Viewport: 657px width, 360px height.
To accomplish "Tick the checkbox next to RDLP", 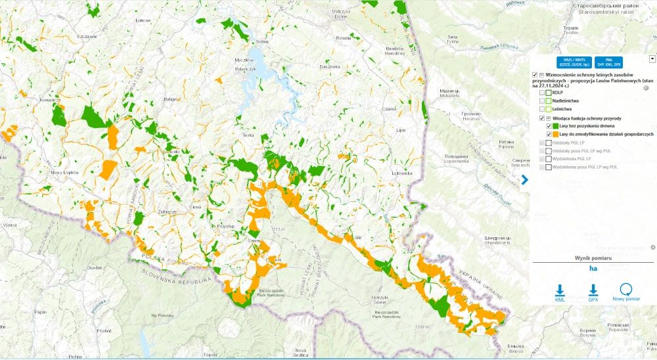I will pyautogui.click(x=542, y=93).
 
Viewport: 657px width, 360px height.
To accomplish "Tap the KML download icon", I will pyautogui.click(x=560, y=291).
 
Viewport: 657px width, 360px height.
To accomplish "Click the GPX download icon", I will pyautogui.click(x=593, y=291).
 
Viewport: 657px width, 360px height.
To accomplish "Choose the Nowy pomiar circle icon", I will pyautogui.click(x=625, y=290).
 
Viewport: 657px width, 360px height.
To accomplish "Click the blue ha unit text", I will pyautogui.click(x=593, y=268).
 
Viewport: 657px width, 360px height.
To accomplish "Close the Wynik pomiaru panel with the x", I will pyautogui.click(x=652, y=247).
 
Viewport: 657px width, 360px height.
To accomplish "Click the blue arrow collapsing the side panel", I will pyautogui.click(x=525, y=179).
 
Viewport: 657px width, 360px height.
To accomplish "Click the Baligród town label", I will pyautogui.click(x=171, y=99).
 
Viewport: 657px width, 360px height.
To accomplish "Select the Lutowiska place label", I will pyautogui.click(x=400, y=173).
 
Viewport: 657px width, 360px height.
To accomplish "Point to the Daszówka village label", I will pyautogui.click(x=330, y=67).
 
